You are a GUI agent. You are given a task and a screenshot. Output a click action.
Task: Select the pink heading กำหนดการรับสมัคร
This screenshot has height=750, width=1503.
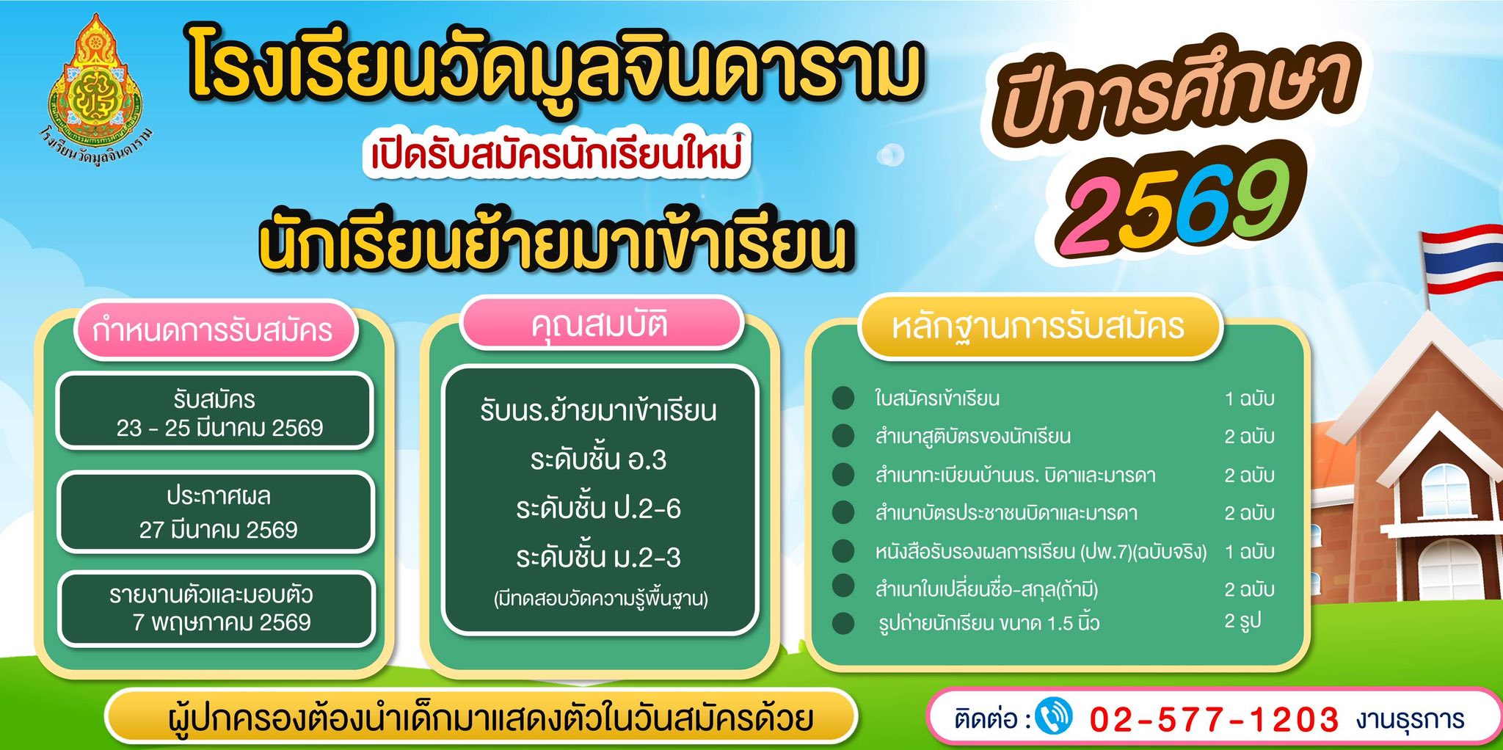[x=213, y=330]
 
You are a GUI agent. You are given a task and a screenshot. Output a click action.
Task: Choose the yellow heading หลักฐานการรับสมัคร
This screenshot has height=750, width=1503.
[x=1038, y=327]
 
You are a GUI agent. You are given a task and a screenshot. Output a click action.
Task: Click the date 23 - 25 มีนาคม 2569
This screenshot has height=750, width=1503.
[x=219, y=428]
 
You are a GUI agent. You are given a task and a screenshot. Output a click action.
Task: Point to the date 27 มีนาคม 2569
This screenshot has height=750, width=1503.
[x=219, y=529]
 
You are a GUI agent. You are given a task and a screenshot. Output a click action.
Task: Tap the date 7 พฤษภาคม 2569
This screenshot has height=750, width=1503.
[x=222, y=622]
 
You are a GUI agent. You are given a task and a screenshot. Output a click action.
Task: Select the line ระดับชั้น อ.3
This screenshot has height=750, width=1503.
[x=598, y=460]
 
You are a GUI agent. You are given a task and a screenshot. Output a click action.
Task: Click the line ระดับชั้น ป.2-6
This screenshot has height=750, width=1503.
[x=598, y=509]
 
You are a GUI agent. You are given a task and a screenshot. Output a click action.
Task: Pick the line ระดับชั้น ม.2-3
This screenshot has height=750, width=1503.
[x=598, y=558]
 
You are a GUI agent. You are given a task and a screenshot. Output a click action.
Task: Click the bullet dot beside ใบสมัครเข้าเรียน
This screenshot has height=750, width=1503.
[x=843, y=398]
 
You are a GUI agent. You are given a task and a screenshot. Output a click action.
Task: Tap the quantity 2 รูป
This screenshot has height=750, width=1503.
[x=1242, y=622]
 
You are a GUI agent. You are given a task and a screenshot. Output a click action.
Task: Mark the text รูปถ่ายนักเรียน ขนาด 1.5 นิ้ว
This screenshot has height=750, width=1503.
[x=989, y=623]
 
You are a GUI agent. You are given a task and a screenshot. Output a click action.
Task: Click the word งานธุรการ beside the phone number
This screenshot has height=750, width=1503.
[x=1410, y=719]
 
